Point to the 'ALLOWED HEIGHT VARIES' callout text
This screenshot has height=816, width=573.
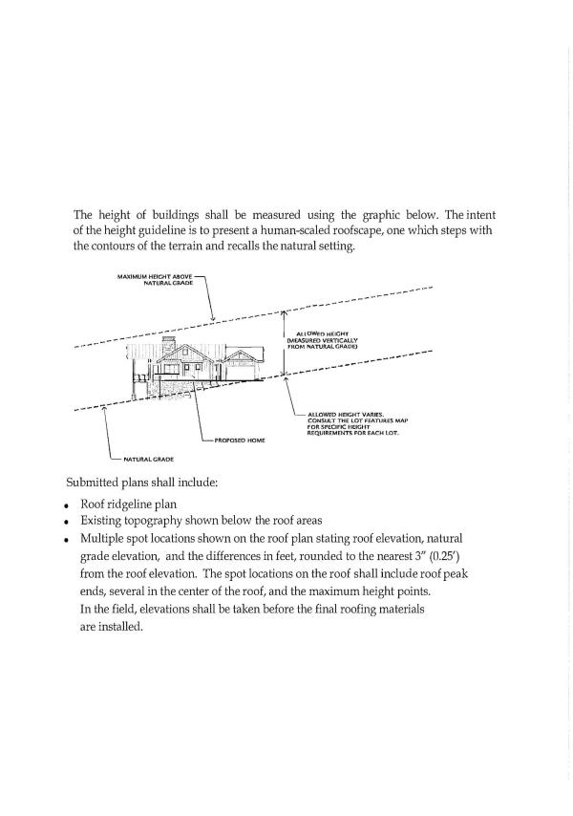tap(344, 415)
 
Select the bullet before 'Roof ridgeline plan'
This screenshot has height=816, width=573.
tap(67, 505)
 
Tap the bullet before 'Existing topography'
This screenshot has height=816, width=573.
tap(67, 524)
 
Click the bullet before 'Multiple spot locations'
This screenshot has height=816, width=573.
tap(67, 542)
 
